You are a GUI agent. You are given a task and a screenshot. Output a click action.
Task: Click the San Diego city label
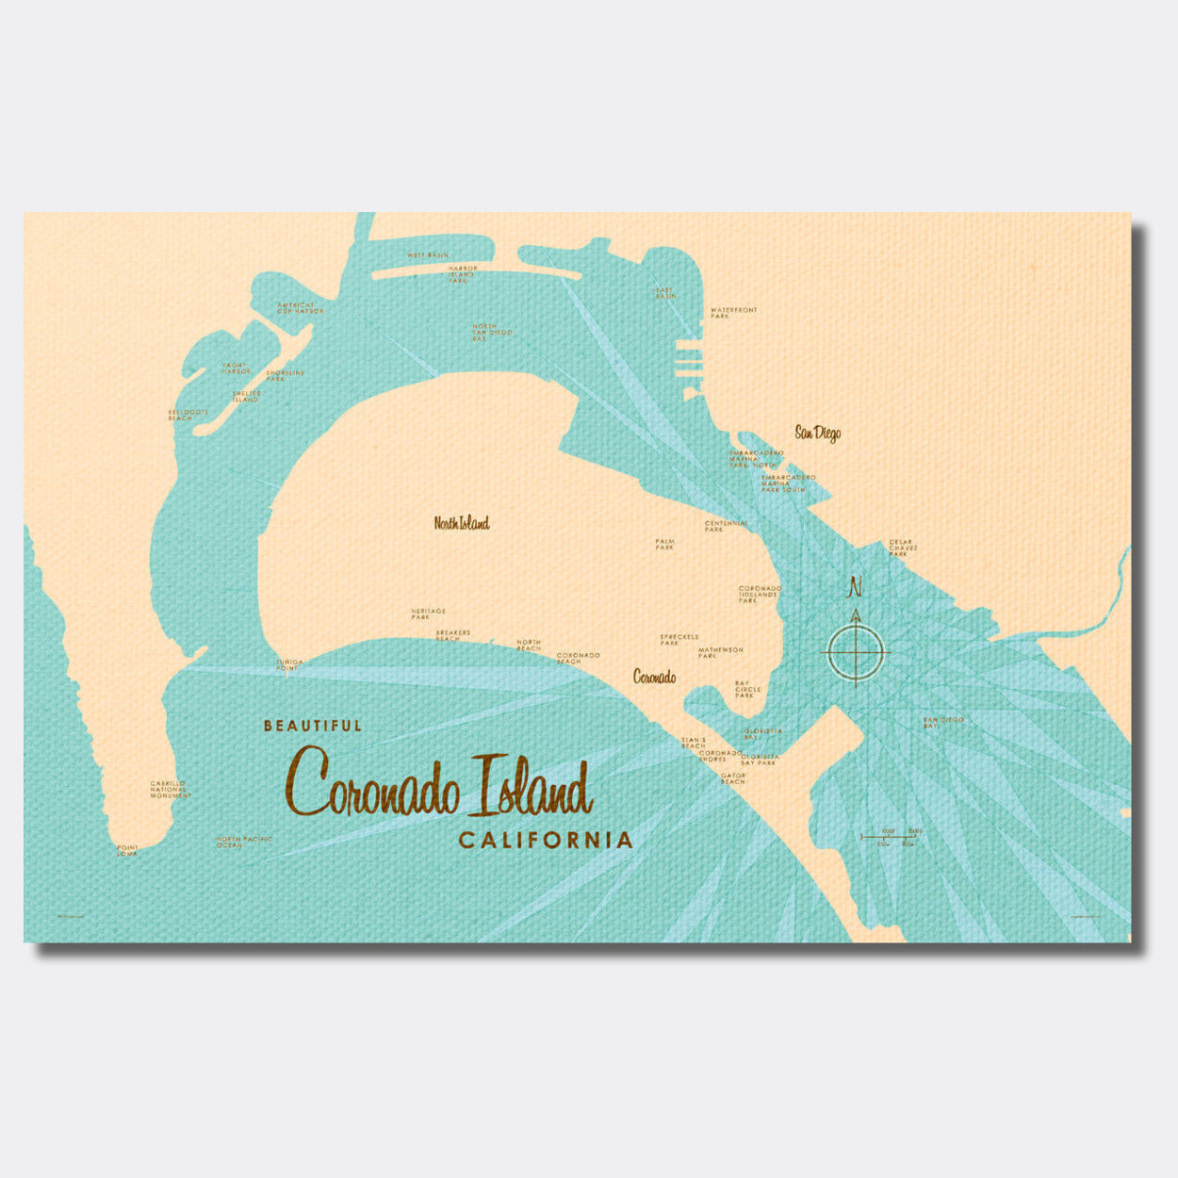tap(817, 434)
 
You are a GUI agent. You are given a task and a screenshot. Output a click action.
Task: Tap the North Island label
tap(462, 523)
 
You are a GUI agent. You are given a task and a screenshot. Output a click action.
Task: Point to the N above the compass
tap(856, 587)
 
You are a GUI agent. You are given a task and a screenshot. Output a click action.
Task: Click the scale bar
tap(888, 836)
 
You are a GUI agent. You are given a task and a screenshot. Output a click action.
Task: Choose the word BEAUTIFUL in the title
tap(313, 726)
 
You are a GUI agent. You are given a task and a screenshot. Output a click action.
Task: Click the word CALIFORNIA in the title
tap(545, 840)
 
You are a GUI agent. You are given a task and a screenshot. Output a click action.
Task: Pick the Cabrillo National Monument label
tap(170, 789)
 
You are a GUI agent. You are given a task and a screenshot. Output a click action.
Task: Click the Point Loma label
tap(127, 849)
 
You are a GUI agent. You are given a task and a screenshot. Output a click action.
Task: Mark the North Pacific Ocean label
tap(244, 842)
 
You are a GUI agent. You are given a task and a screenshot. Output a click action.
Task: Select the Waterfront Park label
tap(733, 313)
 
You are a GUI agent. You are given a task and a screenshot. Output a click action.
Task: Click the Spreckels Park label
tap(679, 639)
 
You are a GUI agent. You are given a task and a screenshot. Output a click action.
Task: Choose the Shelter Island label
tap(245, 397)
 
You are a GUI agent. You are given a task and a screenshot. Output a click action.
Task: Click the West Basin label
tap(428, 255)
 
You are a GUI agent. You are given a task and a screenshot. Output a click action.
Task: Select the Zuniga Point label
tap(289, 664)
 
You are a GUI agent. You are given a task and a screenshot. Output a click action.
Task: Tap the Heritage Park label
tap(428, 614)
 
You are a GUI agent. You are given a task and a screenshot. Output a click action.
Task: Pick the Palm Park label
tap(665, 544)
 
